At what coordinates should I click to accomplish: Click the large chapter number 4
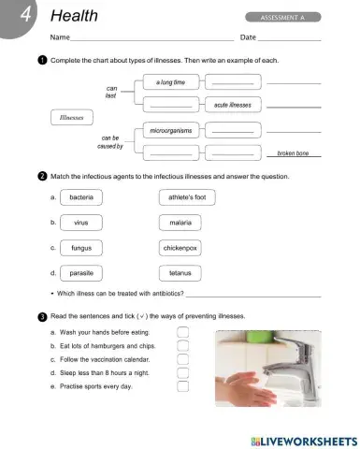pyautogui.click(x=17, y=18)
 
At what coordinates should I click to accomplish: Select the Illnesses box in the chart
pyautogui.click(x=72, y=119)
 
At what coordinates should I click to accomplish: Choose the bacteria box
pyautogui.click(x=81, y=198)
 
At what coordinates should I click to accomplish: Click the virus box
pyautogui.click(x=81, y=224)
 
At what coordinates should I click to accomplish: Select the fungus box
pyautogui.click(x=81, y=249)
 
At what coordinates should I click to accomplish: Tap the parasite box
pyautogui.click(x=81, y=273)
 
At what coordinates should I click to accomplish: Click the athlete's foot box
pyautogui.click(x=186, y=198)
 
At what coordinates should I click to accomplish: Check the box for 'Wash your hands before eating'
pyautogui.click(x=183, y=332)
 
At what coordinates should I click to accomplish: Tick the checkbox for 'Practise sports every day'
pyautogui.click(x=183, y=385)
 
